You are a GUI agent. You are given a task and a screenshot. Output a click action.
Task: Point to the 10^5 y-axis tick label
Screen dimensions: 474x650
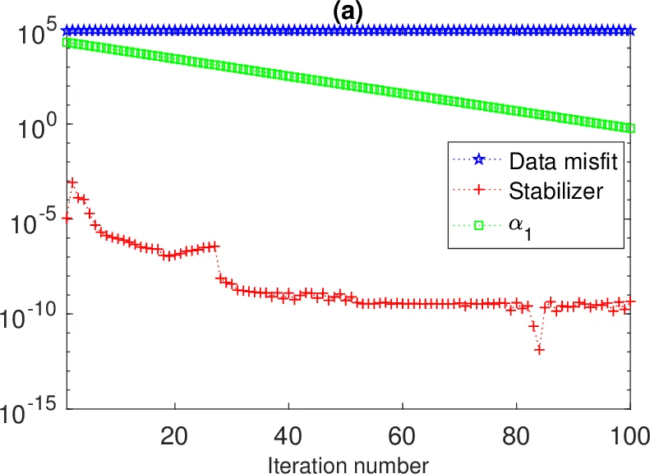click(x=32, y=35)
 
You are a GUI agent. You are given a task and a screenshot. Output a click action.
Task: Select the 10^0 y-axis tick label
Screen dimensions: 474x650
click(x=32, y=129)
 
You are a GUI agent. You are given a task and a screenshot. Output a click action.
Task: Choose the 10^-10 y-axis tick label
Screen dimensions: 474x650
click(x=27, y=318)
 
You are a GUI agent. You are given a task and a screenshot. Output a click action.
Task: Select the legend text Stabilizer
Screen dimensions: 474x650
click(x=557, y=191)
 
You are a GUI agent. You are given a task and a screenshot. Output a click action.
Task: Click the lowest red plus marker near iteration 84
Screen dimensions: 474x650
click(x=539, y=350)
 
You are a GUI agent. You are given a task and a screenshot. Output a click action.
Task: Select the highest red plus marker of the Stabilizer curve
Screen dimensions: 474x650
click(x=72, y=182)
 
